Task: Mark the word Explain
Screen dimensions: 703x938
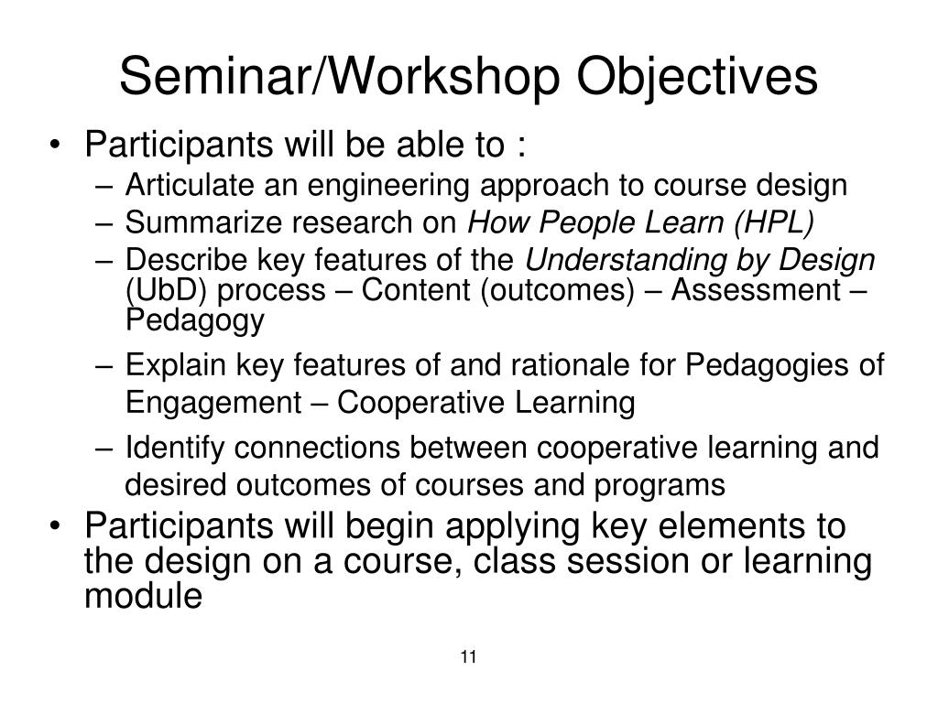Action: pos(166,365)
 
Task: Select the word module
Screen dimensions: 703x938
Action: pos(142,596)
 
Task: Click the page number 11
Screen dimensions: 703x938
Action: pos(470,657)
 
